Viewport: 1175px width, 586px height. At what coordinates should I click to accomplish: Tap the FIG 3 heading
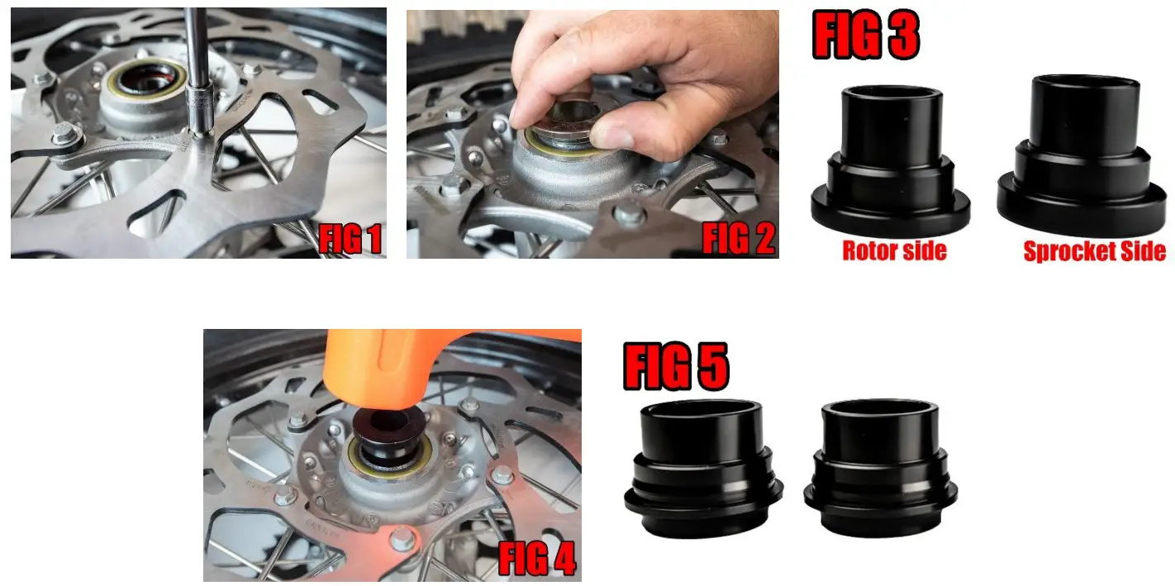(865, 36)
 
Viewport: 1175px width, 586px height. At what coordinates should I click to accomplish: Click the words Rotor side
(894, 251)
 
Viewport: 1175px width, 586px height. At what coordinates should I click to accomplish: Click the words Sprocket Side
(1094, 252)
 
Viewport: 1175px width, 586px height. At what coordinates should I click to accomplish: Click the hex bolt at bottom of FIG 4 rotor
(402, 538)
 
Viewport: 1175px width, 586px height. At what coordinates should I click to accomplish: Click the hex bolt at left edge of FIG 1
(63, 135)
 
